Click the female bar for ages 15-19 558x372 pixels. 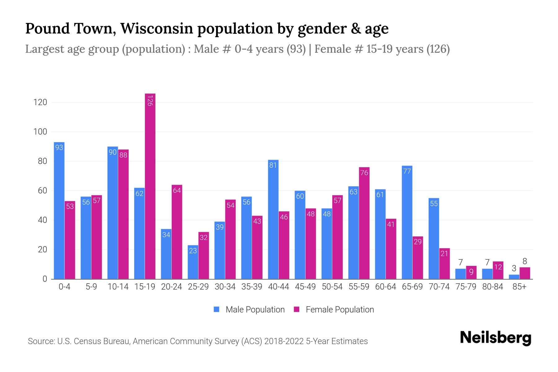coord(150,186)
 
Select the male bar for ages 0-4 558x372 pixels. coord(59,211)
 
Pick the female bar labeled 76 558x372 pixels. coord(364,223)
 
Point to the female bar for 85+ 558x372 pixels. coord(525,273)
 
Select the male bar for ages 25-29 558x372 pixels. coord(193,262)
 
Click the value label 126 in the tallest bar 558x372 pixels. coord(150,101)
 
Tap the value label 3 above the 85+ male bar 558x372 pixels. coord(514,268)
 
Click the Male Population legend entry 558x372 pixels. coord(249,309)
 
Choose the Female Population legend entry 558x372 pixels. coord(334,309)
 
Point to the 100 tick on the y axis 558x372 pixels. coord(40,132)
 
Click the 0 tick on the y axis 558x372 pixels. coord(45,279)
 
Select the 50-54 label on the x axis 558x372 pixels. coord(332,287)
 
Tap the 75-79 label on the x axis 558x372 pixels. coord(466,287)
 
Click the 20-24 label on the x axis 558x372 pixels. coord(171,287)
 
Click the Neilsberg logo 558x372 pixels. coord(495,338)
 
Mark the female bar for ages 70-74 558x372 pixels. coord(444,263)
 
